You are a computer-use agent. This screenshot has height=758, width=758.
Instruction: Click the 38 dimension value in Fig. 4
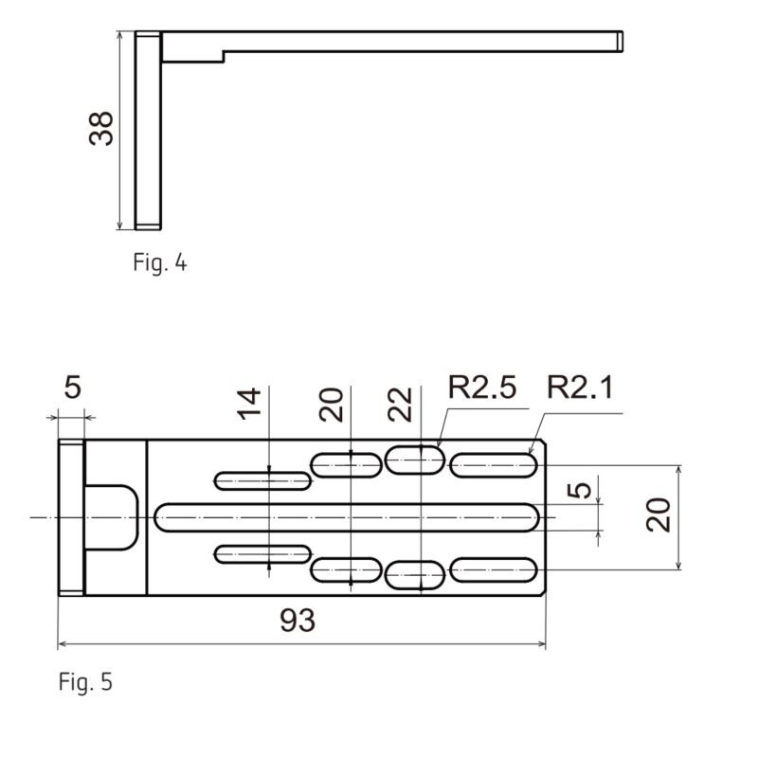tap(101, 128)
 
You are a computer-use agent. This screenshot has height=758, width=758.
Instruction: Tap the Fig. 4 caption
tap(160, 262)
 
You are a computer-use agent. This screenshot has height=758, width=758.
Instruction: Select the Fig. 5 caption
tap(85, 681)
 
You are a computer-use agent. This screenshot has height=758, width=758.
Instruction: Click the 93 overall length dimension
tap(298, 621)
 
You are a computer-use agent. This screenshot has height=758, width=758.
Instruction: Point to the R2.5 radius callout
tap(482, 388)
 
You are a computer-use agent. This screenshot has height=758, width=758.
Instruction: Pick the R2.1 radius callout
tap(581, 388)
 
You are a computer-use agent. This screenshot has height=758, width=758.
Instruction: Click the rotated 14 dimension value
tap(248, 406)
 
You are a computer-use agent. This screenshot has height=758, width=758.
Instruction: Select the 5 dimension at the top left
tap(72, 388)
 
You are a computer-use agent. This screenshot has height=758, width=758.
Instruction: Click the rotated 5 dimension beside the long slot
tap(585, 490)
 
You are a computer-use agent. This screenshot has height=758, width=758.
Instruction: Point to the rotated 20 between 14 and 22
tap(331, 406)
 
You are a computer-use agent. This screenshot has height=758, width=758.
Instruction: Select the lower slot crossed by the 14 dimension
tap(263, 554)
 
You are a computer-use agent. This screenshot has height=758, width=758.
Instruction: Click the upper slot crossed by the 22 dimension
tap(415, 460)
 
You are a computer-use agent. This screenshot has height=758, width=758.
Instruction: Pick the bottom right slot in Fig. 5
tap(494, 570)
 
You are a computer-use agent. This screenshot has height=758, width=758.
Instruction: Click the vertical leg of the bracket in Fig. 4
tap(147, 130)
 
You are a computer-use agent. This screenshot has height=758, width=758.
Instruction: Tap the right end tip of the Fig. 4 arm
tap(619, 40)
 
